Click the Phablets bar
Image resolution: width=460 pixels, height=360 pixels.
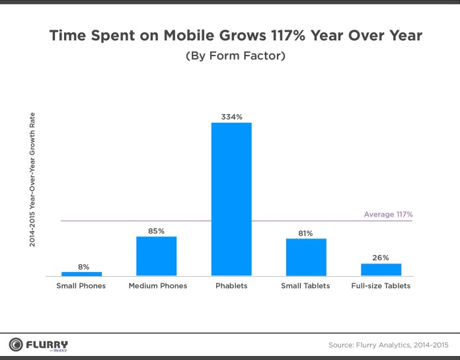[231, 199]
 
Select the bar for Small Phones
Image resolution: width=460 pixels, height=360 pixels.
[81, 273]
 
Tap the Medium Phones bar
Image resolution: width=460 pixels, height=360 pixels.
[156, 256]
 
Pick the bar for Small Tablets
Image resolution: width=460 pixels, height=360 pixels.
[306, 257]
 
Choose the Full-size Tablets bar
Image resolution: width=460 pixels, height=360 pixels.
[381, 270]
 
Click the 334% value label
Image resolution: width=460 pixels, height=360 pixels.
[231, 117]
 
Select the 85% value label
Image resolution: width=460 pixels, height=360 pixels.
[157, 231]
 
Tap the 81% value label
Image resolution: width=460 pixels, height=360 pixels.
[306, 233]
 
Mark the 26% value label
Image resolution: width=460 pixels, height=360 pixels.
[381, 258]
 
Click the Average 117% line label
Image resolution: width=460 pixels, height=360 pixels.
[388, 215]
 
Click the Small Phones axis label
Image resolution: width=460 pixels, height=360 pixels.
[82, 286]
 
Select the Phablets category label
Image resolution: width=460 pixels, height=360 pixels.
[231, 286]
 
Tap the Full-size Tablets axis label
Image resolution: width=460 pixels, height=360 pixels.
[381, 286]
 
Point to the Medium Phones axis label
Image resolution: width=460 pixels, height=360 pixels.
[157, 286]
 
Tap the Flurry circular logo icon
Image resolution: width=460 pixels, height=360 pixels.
[15, 344]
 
